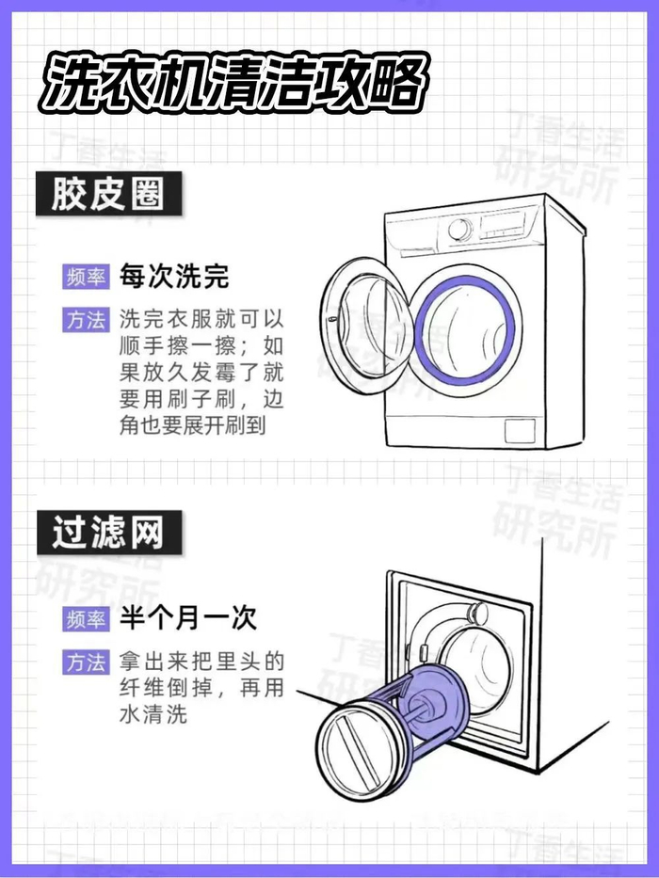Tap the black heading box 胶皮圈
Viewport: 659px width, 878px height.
coord(108,194)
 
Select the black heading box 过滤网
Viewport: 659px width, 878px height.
coord(109,533)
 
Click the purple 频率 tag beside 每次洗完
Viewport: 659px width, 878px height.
coord(86,277)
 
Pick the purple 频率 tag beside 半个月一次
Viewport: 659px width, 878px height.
coord(86,619)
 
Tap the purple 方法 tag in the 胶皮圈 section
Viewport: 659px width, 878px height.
coord(86,320)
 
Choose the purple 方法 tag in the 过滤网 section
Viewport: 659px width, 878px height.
coord(86,662)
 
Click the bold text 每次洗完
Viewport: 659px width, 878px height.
coord(174,276)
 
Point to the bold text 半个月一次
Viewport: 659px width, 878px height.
coord(187,618)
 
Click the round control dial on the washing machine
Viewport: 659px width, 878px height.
coord(460,231)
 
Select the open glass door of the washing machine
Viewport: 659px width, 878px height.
coord(367,319)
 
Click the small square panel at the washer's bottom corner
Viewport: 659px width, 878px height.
coord(520,430)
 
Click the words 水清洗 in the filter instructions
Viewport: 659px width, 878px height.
coord(153,714)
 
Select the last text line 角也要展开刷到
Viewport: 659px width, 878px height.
coord(193,425)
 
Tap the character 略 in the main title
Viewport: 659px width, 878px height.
coord(395,83)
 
